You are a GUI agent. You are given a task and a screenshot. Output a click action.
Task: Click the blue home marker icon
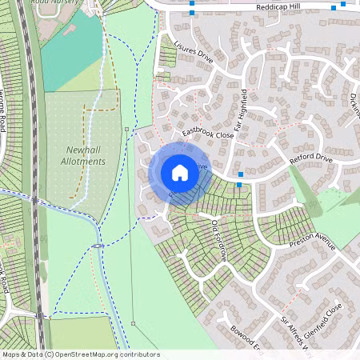179,172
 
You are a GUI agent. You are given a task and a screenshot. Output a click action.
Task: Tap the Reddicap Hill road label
279,6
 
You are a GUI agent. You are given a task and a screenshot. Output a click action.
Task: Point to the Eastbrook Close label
207,134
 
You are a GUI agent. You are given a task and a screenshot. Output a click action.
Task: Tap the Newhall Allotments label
82,155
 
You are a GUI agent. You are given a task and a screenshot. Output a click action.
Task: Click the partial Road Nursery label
67,3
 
